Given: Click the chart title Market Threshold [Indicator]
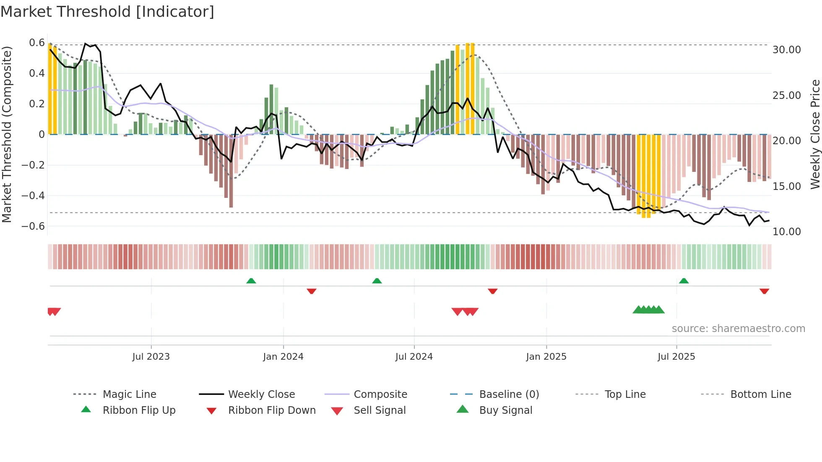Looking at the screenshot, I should coord(107,12).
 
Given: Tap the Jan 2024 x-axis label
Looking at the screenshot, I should coord(283,357).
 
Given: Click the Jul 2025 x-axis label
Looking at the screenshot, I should coord(676,357).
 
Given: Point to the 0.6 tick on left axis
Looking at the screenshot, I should coord(37,43).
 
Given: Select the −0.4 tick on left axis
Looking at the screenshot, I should coord(34,196).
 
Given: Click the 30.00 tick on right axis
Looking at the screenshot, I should coord(786,50).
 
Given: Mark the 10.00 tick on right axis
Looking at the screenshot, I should coord(786,232).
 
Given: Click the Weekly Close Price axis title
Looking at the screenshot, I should coord(815,134).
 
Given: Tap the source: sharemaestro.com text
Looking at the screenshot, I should coord(738,329).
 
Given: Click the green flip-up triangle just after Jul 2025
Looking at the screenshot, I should coord(684,281).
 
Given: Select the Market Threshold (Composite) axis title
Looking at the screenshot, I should coord(7,134).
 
